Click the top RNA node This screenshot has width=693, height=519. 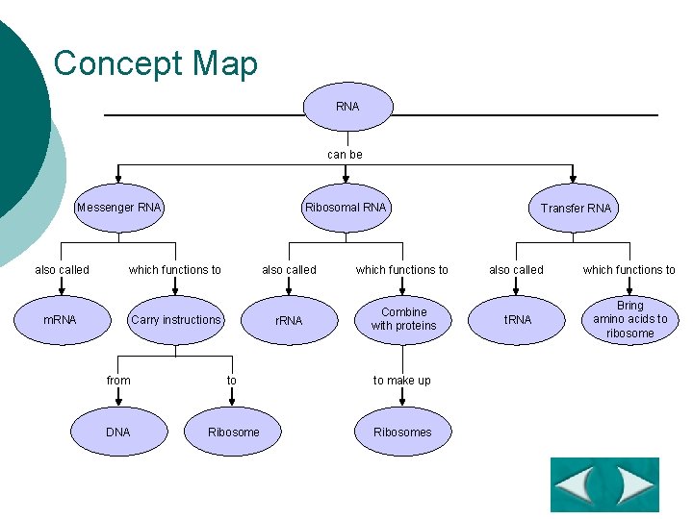pyautogui.click(x=347, y=107)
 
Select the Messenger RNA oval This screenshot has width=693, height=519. pyautogui.click(x=119, y=208)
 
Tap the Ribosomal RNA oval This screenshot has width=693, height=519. pyautogui.click(x=345, y=208)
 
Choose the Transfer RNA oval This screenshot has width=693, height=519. pyautogui.click(x=575, y=209)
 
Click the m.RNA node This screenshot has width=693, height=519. pyautogui.click(x=60, y=320)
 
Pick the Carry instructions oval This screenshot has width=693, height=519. pyautogui.click(x=176, y=320)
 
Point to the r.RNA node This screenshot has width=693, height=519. pyautogui.click(x=289, y=320)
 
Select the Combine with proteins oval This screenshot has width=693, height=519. pyautogui.click(x=403, y=319)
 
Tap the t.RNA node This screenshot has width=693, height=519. pyautogui.click(x=518, y=320)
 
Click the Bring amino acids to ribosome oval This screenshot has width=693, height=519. pyautogui.click(x=630, y=320)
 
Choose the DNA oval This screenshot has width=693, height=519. pyautogui.click(x=117, y=432)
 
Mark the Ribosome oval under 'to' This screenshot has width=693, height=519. pyautogui.click(x=233, y=432)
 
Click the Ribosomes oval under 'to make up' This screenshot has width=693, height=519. pyautogui.click(x=402, y=432)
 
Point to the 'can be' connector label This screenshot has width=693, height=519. pyautogui.click(x=345, y=155)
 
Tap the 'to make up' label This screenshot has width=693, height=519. pyautogui.click(x=402, y=381)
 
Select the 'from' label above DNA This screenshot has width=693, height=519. pyautogui.click(x=118, y=381)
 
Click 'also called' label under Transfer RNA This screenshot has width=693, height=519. pyautogui.click(x=516, y=270)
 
